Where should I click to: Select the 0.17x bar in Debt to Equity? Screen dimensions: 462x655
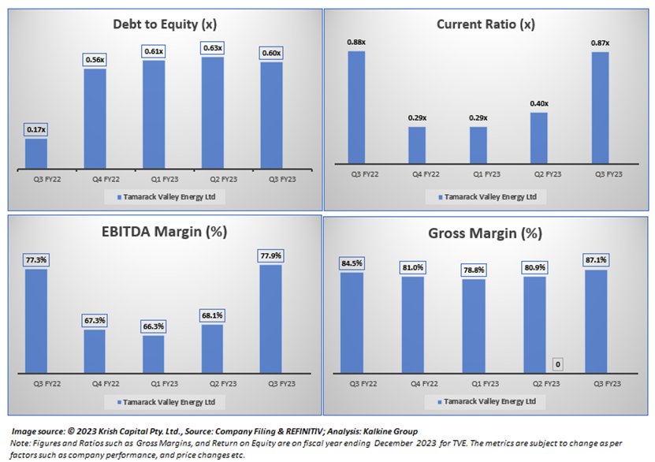click(36, 152)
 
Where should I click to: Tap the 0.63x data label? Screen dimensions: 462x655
click(213, 48)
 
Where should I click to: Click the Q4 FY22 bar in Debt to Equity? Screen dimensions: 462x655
click(95, 117)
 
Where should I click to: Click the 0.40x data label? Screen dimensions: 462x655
click(540, 103)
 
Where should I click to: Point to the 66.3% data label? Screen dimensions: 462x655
click(154, 327)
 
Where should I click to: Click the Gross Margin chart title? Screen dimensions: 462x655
click(486, 233)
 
